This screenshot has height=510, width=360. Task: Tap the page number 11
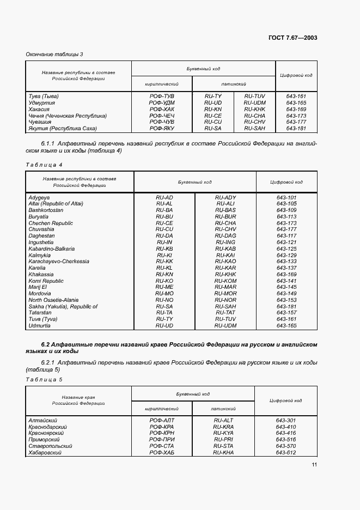click(x=314, y=465)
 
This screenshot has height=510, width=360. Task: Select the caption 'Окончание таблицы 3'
click(x=54, y=54)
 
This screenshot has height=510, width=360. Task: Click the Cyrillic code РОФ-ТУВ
click(x=161, y=96)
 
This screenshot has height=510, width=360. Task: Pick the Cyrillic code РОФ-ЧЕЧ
click(x=161, y=116)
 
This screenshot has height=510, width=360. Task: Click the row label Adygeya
click(x=39, y=197)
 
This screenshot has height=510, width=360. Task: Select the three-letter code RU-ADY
click(x=225, y=197)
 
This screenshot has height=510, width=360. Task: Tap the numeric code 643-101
click(x=286, y=197)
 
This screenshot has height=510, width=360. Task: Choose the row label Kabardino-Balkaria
click(x=52, y=248)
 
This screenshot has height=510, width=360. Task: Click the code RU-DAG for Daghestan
click(x=225, y=236)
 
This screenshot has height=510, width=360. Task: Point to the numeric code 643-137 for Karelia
click(x=286, y=268)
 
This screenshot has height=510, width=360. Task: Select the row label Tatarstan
click(x=41, y=313)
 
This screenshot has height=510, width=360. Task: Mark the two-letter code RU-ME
click(x=164, y=287)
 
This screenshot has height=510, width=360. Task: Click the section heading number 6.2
click(x=46, y=345)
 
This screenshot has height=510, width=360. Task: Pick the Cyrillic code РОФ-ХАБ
click(x=162, y=452)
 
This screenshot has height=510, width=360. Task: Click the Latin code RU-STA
click(x=223, y=446)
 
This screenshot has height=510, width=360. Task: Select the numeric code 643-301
click(x=285, y=420)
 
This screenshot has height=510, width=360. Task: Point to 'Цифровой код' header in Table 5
click(x=286, y=400)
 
